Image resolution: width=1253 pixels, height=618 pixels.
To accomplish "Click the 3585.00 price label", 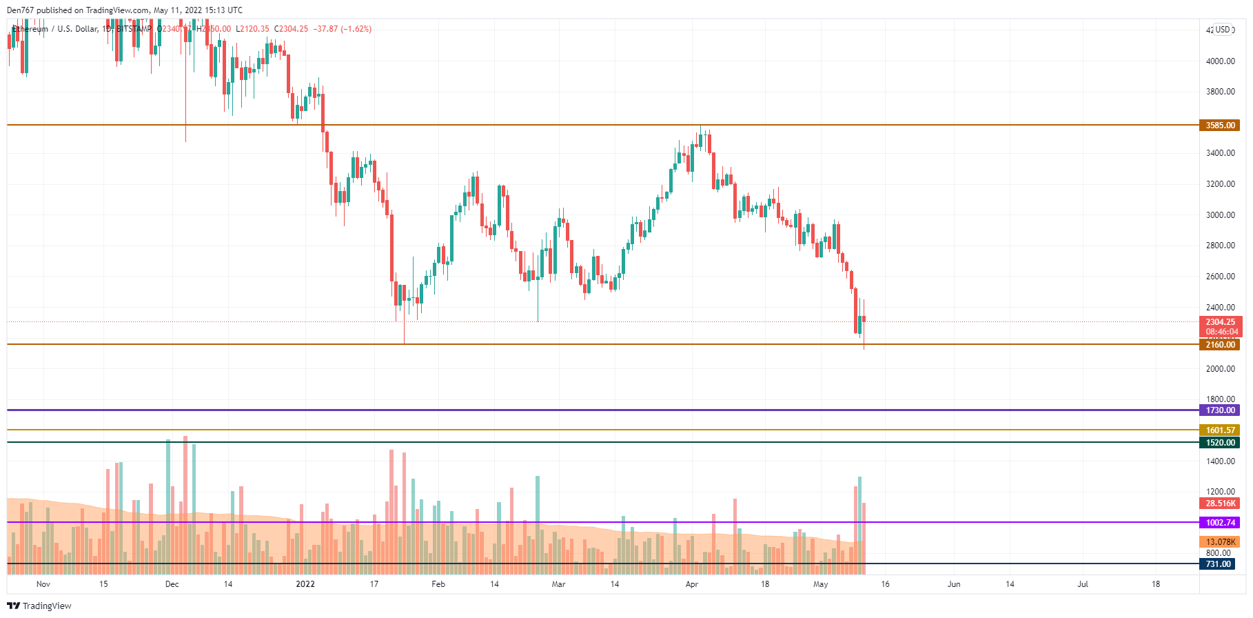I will [1220, 126].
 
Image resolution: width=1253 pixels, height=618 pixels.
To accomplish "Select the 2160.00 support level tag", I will [1220, 345].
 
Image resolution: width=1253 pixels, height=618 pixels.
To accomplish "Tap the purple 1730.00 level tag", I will [1220, 410].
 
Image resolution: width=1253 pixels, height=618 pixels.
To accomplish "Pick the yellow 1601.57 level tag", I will [1220, 430].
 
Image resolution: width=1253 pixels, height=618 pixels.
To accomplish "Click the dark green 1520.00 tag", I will [1220, 443].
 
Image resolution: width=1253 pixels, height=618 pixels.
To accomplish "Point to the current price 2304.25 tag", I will [1220, 322].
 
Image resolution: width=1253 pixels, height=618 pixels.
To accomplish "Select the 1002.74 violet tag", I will [1220, 523].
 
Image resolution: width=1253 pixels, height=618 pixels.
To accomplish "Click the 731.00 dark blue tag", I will [1218, 564].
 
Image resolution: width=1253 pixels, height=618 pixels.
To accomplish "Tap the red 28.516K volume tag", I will [1220, 504].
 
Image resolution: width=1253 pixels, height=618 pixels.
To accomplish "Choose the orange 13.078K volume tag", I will [1220, 542].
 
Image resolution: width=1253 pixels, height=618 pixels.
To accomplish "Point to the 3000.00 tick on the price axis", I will [1220, 215].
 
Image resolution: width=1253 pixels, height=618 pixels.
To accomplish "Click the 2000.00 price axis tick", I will [1220, 369].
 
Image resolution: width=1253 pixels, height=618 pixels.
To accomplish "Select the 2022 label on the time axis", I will [305, 584].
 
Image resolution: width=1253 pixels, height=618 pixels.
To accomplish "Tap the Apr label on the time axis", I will [692, 584].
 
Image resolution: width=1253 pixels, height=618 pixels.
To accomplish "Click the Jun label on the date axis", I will [954, 584].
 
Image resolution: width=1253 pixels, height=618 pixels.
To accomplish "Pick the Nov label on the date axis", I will [43, 584].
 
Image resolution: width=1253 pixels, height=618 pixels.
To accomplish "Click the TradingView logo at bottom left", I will [39, 606].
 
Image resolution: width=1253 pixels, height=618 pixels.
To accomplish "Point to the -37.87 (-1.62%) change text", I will [343, 29].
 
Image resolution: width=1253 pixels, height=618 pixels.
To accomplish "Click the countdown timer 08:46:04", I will [1220, 332].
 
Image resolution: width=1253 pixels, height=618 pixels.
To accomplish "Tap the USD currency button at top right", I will [1223, 30].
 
